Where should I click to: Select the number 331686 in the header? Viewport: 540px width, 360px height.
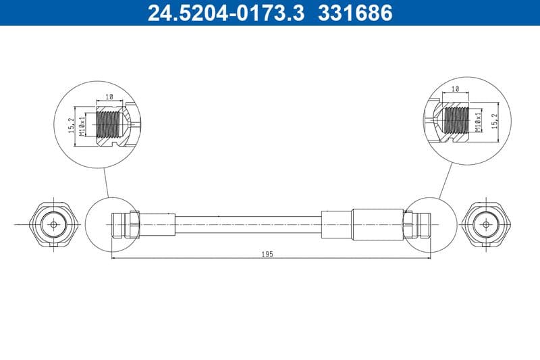coord(353,13)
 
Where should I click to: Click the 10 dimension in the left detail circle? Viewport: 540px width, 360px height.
coord(109,98)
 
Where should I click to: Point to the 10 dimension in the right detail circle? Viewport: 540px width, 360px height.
coord(454,88)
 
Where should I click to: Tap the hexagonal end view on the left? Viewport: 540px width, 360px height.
coord(51,224)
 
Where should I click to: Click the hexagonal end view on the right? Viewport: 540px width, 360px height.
coord(485,224)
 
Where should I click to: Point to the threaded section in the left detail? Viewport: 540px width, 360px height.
coord(109,124)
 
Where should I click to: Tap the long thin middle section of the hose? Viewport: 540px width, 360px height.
coord(248,224)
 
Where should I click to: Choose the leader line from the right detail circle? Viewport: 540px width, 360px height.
coord(446,179)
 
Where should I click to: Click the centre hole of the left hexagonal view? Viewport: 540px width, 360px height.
coord(51,224)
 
